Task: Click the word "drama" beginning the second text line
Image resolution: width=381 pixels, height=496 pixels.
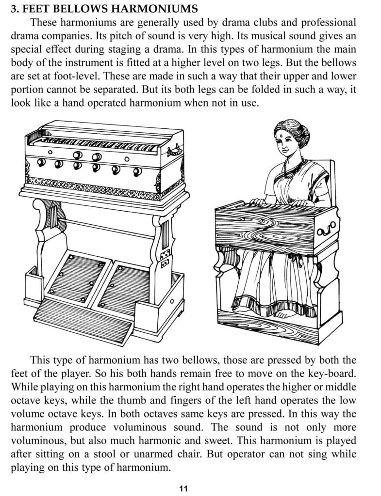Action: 25,36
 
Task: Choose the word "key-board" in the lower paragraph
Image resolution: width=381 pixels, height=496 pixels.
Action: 332,373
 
